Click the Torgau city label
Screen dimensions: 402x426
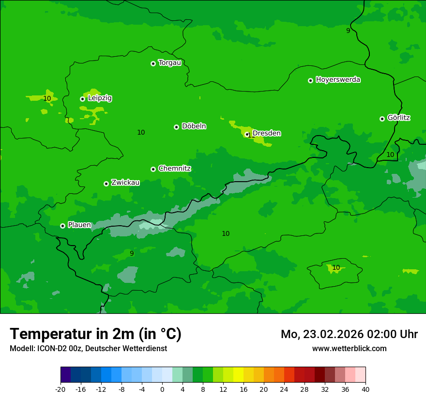(169, 63)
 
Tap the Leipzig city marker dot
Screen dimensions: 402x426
(82, 99)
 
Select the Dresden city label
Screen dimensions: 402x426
(266, 133)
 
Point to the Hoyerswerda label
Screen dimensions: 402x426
(338, 80)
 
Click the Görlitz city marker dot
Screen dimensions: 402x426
(382, 119)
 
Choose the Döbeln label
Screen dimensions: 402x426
(194, 126)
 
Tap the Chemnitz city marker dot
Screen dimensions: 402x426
(153, 169)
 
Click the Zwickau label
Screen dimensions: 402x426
(125, 183)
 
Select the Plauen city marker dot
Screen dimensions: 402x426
(62, 226)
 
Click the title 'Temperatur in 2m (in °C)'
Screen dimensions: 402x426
(95, 334)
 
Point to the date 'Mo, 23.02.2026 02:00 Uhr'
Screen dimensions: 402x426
(349, 334)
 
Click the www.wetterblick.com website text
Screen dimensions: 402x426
(349, 348)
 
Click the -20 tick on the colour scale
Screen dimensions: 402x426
(61, 389)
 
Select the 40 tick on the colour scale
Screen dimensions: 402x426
(365, 389)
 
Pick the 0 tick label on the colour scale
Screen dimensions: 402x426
(162, 389)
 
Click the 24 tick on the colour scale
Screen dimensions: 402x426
(284, 389)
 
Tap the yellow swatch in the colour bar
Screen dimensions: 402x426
(238, 375)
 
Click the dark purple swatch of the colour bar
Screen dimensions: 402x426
(65, 375)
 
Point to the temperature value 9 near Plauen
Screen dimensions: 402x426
(132, 253)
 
